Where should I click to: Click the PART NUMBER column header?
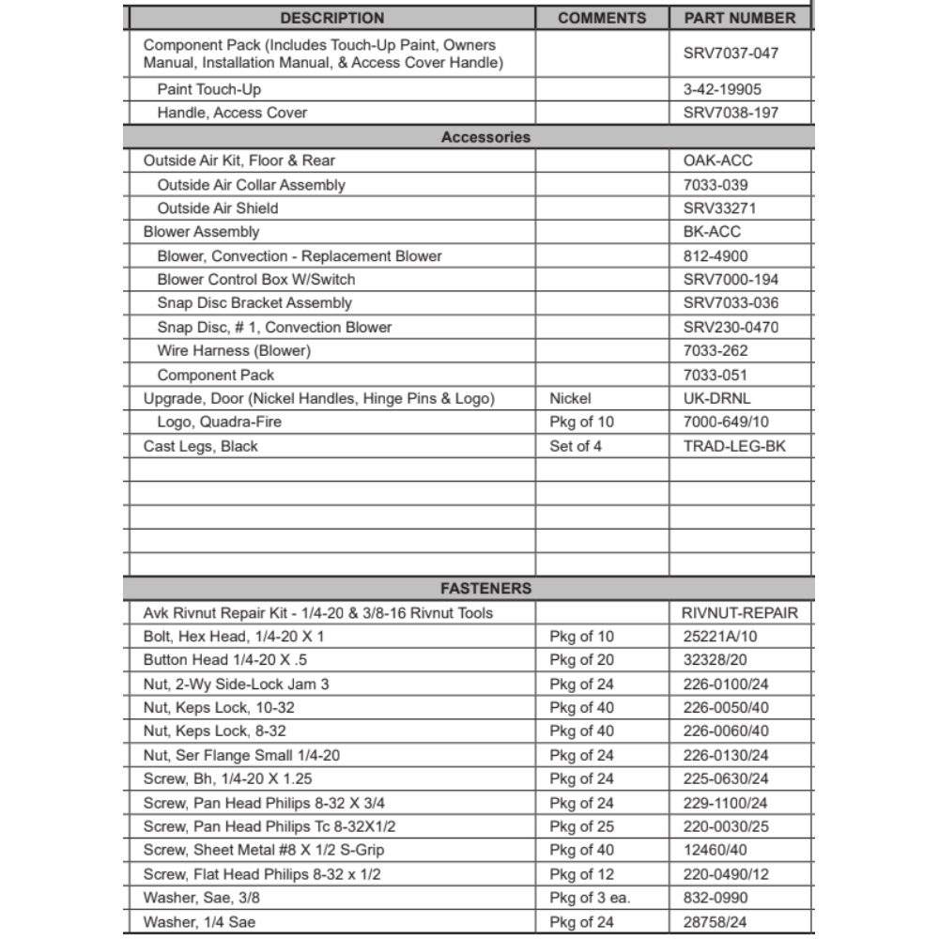tap(739, 18)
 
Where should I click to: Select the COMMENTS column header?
tap(602, 18)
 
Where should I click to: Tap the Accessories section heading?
tap(485, 137)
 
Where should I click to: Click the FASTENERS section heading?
tap(485, 589)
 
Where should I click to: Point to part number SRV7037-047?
tap(731, 54)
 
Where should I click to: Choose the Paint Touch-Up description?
tap(209, 89)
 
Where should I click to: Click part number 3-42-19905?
tap(722, 89)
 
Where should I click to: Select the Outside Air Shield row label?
tap(218, 208)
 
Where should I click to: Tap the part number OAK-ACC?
tap(718, 161)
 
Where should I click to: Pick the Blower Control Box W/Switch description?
tap(256, 279)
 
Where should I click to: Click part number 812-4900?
tap(716, 255)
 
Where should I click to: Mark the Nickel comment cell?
tap(571, 398)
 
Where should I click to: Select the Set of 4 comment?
tap(576, 446)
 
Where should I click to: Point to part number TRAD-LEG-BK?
tap(734, 446)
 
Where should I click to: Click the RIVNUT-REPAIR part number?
tap(740, 613)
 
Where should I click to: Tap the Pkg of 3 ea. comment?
tap(590, 898)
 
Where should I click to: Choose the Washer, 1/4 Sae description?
tap(199, 922)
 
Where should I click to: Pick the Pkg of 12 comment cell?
tap(581, 874)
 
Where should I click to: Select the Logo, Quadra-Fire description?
tap(220, 422)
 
